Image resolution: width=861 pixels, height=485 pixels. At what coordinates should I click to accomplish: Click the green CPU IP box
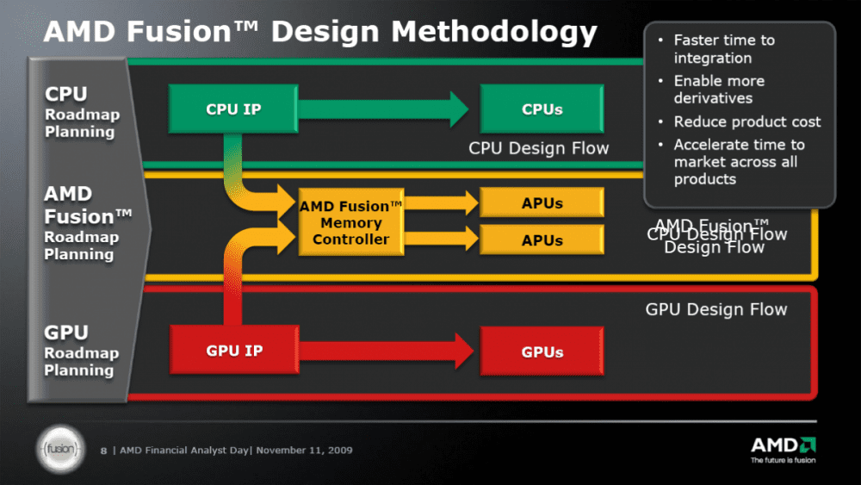[x=234, y=109]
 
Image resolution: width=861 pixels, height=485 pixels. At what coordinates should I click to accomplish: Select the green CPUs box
[x=542, y=109]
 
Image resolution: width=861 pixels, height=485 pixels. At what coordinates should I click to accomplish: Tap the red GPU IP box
[x=234, y=351]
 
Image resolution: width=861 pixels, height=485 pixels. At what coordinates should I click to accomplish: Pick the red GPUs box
[x=542, y=351]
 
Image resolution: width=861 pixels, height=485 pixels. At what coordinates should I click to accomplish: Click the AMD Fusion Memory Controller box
[x=351, y=222]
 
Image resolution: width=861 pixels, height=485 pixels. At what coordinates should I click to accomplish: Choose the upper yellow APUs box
[x=542, y=203]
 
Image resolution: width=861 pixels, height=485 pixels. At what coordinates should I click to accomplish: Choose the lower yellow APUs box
[x=542, y=240]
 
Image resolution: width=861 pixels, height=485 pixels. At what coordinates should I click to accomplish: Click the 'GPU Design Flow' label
[x=716, y=309]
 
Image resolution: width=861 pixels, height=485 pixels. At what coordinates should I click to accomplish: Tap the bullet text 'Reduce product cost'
[x=746, y=121]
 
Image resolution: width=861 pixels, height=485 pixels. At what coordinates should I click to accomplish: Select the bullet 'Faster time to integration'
[x=723, y=49]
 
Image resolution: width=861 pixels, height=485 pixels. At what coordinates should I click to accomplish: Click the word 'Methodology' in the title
[x=494, y=32]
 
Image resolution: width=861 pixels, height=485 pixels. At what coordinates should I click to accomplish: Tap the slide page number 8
[x=104, y=450]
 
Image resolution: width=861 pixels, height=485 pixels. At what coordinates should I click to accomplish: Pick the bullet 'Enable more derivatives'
[x=718, y=89]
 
